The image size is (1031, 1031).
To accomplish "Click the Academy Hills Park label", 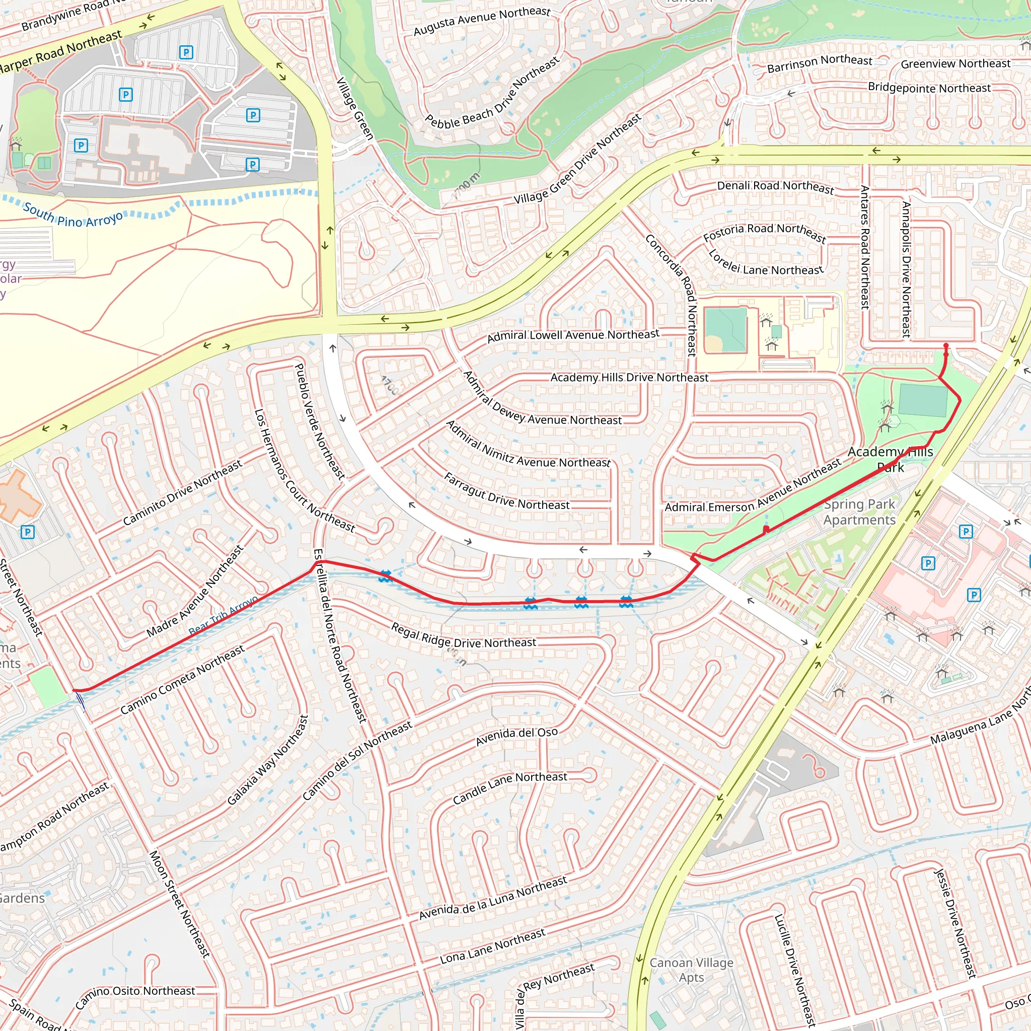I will click(x=890, y=459).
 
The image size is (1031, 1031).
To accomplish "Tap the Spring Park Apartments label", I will click(x=859, y=512).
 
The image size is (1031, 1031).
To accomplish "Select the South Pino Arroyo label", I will click(x=72, y=214).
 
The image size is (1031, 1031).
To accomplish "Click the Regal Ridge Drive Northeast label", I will click(x=463, y=636).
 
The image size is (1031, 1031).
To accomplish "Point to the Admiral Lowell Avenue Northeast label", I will click(x=573, y=335).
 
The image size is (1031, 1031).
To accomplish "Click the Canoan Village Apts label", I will click(x=691, y=970).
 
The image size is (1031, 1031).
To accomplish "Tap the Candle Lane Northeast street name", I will click(x=509, y=788).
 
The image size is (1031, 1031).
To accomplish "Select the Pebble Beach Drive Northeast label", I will click(x=492, y=93).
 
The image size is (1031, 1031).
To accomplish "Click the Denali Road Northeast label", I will click(x=775, y=186).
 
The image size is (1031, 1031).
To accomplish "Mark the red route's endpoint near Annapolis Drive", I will click(x=946, y=346).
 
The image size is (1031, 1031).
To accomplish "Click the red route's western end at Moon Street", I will click(x=74, y=691).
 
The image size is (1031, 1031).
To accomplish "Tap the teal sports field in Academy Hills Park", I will click(x=923, y=400).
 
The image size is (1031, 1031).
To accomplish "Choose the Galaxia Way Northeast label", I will click(x=267, y=761).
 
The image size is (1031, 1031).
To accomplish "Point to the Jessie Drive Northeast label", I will click(x=955, y=923).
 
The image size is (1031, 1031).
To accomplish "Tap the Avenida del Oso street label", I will click(x=517, y=737).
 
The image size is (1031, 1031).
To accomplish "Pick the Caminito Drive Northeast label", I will click(x=183, y=492).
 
